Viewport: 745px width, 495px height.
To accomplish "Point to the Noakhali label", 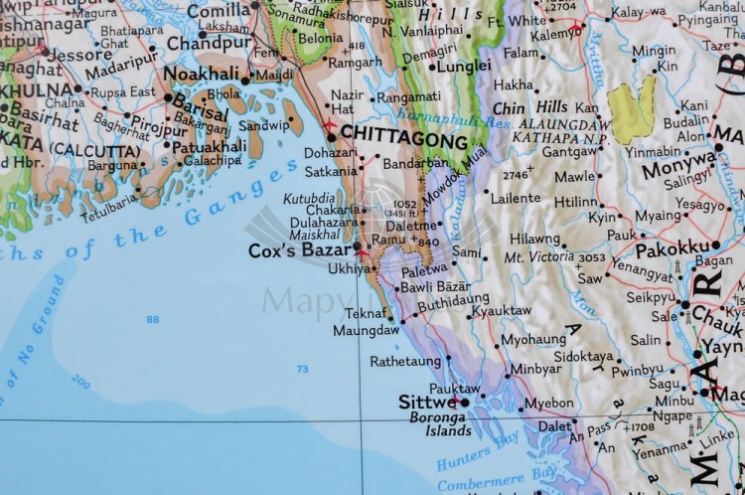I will point(201,75).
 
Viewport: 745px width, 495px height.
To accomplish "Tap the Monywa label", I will point(677,169).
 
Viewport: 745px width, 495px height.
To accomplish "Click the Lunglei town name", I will point(464,66).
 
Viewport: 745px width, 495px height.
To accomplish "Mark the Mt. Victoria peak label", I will point(538,257).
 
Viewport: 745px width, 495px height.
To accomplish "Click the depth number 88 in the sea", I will point(152,319).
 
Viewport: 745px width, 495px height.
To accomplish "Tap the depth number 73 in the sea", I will point(302,369).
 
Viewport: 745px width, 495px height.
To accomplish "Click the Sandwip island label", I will point(263,125).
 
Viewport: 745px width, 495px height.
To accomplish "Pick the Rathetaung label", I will point(405,361).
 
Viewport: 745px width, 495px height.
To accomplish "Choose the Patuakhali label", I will point(209,145).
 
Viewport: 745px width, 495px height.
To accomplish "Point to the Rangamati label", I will point(408,96).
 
